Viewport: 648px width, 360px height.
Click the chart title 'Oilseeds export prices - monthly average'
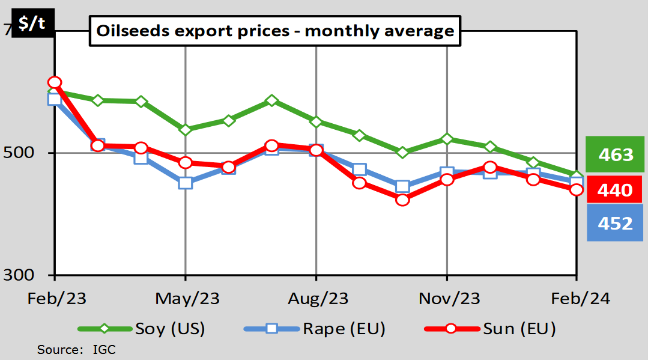pyautogui.click(x=275, y=31)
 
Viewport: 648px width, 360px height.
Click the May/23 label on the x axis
pyautogui.click(x=186, y=298)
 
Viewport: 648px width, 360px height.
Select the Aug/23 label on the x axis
pyautogui.click(x=316, y=298)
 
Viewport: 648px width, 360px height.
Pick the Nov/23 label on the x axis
pyautogui.click(x=447, y=298)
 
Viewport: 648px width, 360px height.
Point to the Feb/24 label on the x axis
pyautogui.click(x=577, y=298)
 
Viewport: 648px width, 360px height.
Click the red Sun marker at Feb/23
pyautogui.click(x=55, y=82)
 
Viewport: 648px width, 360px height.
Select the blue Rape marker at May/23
pyautogui.click(x=186, y=183)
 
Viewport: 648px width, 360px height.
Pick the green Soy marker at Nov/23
pyautogui.click(x=447, y=139)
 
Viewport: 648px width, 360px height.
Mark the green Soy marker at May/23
pyautogui.click(x=186, y=129)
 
